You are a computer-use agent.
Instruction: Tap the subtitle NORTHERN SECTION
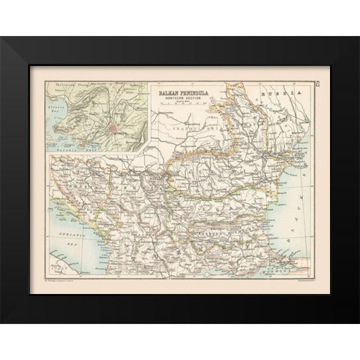coord(181,97)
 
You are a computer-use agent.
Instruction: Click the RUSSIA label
coord(286,88)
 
